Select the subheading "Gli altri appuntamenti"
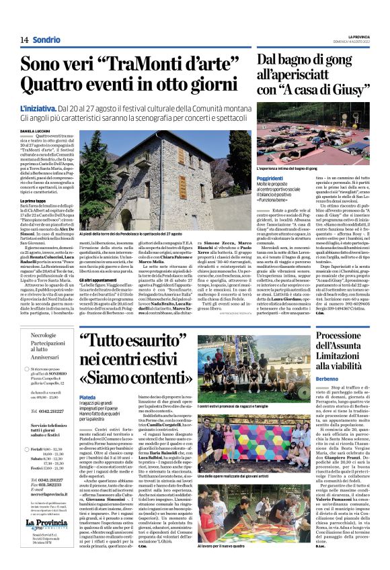[100, 279]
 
